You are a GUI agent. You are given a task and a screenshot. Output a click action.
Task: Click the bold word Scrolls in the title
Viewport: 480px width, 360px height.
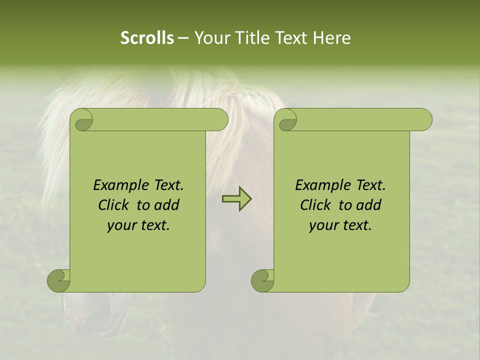[147, 38]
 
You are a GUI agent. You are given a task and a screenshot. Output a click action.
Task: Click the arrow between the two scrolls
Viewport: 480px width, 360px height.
[237, 199]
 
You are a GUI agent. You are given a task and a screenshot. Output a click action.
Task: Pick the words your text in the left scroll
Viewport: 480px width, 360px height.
[138, 225]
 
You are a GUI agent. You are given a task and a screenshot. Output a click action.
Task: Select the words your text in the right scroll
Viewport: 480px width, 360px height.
[340, 225]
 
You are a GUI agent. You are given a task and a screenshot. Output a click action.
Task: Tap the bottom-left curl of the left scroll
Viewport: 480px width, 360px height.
[59, 280]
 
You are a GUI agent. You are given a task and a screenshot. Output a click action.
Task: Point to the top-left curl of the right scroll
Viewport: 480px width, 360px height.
[287, 120]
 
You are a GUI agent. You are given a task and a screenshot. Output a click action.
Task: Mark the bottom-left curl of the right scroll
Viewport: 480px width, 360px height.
[262, 280]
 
